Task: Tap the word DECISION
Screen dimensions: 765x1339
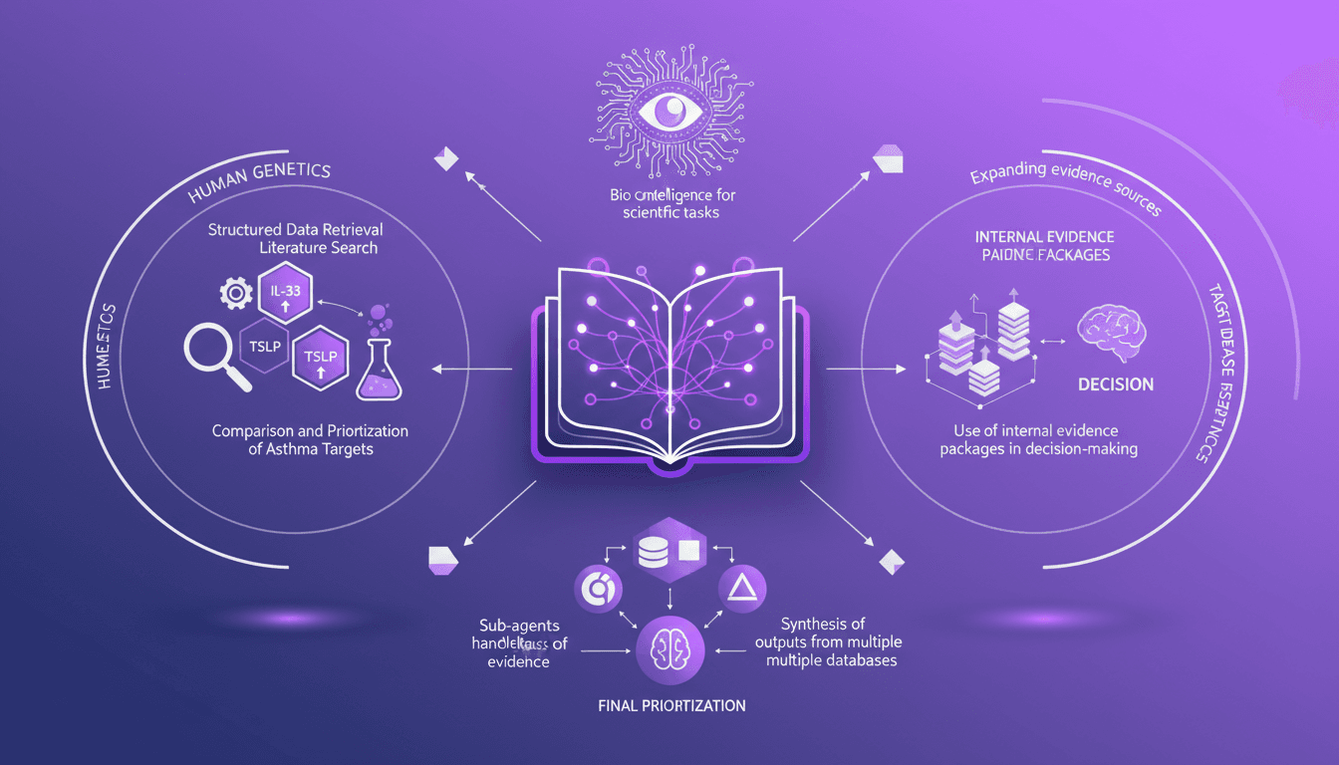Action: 1116,384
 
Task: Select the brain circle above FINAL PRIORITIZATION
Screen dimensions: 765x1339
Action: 669,648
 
